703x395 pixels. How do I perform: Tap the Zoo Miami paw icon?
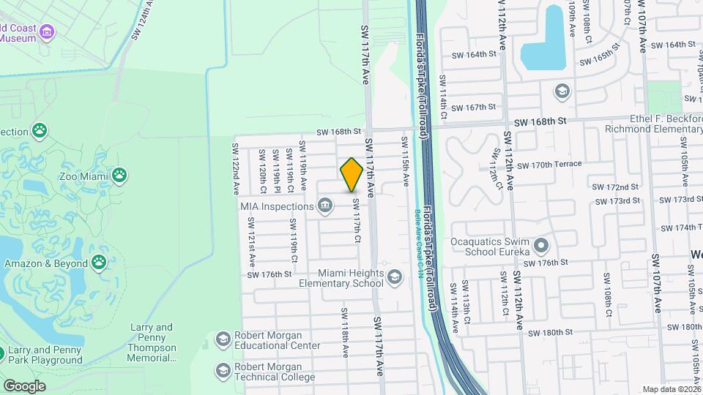tap(119, 176)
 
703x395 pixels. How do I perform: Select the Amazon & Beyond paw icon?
tap(99, 263)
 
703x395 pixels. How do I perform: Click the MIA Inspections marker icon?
tap(324, 206)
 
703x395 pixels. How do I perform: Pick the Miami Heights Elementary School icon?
tap(395, 276)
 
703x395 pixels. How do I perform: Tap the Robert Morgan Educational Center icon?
tap(223, 339)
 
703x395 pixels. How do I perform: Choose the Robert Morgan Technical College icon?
tap(223, 371)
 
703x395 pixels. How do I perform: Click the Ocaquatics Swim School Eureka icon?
tap(541, 244)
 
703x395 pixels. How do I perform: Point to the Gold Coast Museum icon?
tap(48, 31)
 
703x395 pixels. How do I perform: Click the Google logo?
tap(23, 385)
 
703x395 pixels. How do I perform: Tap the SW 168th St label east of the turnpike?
tap(540, 121)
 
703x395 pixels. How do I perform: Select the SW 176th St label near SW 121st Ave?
tap(269, 274)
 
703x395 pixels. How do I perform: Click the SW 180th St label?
tap(548, 332)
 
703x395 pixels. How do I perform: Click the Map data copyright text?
tap(672, 389)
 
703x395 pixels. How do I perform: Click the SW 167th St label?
tap(474, 107)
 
